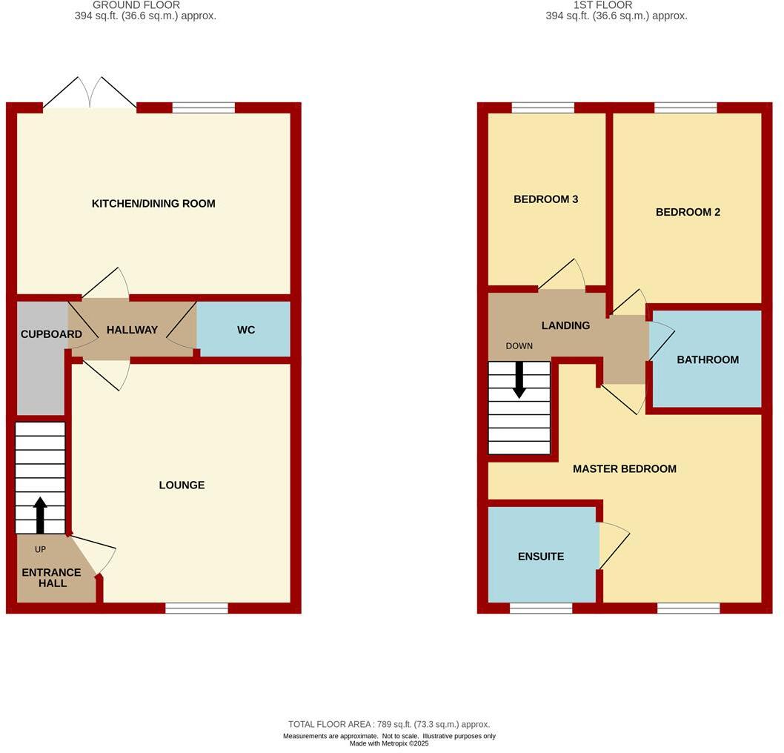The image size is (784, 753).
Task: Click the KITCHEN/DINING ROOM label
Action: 153,204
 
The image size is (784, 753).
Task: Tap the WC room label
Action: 246,330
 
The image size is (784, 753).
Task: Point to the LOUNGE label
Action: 182,485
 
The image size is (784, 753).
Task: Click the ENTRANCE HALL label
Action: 51,578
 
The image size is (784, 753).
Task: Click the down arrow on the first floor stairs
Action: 519,379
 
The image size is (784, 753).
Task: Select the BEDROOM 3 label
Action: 545,199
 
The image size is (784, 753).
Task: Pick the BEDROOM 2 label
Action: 688,212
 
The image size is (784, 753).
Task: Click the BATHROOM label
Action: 708,360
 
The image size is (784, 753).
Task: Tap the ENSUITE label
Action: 541,557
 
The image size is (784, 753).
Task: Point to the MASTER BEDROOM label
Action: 624,469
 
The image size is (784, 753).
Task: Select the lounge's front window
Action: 196,608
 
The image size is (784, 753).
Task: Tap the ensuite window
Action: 541,608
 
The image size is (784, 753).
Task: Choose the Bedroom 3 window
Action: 542,108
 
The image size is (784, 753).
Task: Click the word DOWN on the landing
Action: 519,346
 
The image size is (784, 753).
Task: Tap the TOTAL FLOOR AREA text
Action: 389,724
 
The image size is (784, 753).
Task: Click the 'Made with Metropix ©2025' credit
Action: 389,744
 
